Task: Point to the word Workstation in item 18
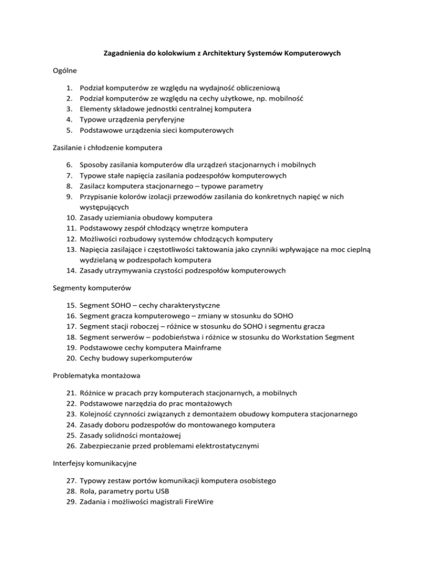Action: [305, 337]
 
